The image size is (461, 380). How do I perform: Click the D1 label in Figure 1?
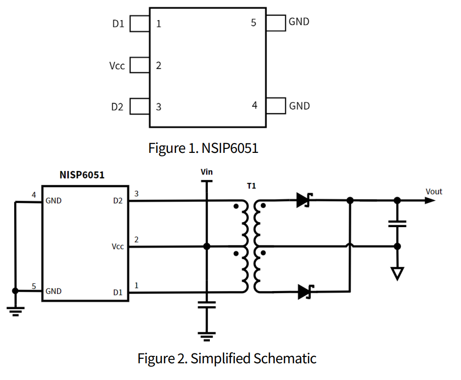tap(118, 24)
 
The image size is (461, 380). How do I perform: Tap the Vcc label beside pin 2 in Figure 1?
tap(117, 65)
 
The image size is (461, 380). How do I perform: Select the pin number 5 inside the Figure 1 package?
tap(254, 23)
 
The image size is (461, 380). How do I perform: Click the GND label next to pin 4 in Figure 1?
tap(299, 106)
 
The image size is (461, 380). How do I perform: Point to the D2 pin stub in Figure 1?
tap(140, 106)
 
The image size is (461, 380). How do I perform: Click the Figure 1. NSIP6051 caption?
tap(203, 148)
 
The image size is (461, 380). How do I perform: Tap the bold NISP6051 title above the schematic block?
tap(82, 175)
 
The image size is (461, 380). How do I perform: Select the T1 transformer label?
tap(252, 186)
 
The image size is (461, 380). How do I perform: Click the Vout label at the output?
tap(434, 191)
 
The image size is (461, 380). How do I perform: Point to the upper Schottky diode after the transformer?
tap(304, 200)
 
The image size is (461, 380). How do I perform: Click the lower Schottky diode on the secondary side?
tap(306, 292)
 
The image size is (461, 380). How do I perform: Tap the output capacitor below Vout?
tap(397, 224)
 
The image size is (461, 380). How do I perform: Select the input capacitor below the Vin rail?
tap(207, 305)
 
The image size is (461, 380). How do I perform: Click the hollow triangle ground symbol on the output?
tap(397, 273)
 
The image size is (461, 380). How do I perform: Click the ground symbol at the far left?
tap(15, 310)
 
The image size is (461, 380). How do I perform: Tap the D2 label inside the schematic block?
tap(117, 201)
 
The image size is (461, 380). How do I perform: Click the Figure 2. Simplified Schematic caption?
tap(227, 358)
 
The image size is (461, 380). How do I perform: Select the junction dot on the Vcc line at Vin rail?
tap(207, 246)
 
